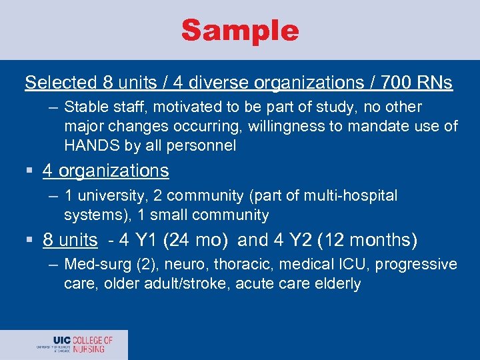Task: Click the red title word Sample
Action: tap(240, 31)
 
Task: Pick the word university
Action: tap(109, 196)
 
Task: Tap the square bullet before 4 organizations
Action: tap(31, 171)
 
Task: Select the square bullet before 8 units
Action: tap(31, 240)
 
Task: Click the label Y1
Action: tap(148, 239)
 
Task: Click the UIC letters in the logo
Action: tap(62, 341)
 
